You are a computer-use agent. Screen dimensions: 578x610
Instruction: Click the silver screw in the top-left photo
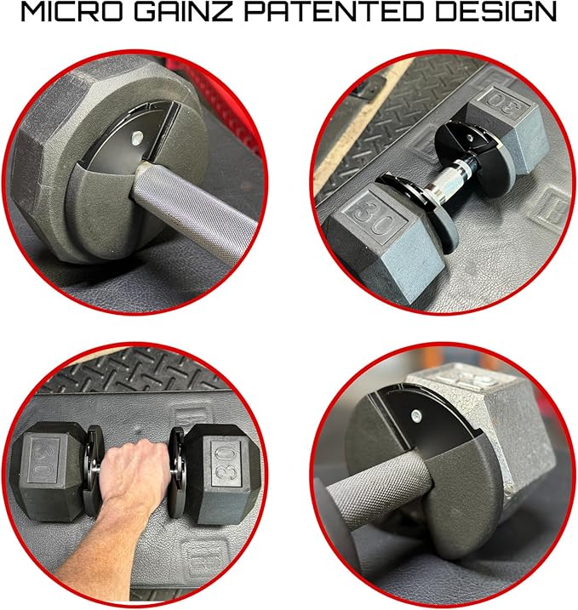137,138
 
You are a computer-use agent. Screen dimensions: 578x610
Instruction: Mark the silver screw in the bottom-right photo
415,416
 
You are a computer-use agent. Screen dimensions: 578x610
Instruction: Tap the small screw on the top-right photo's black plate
470,137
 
